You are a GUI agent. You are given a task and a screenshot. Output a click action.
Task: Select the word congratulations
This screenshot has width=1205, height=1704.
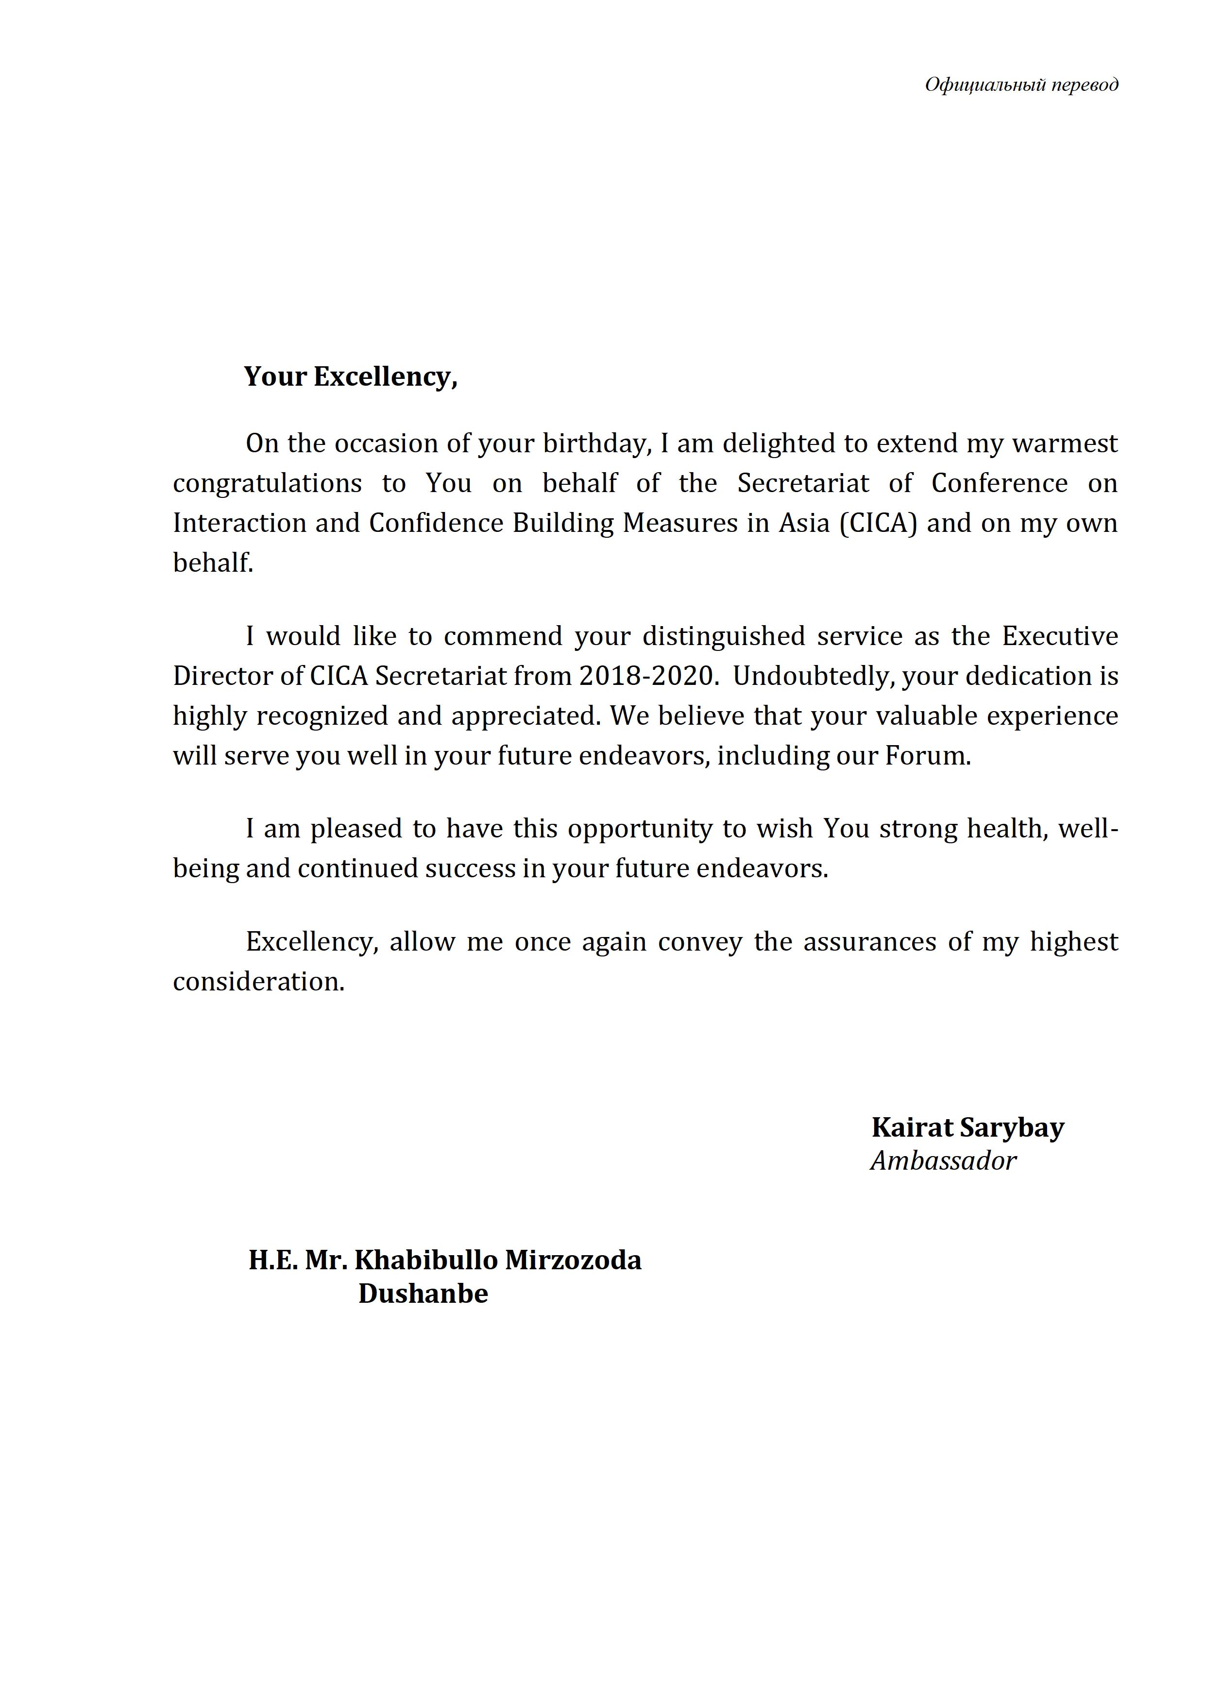click(267, 484)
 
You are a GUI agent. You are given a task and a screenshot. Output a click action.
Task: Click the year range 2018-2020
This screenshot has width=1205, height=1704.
click(646, 676)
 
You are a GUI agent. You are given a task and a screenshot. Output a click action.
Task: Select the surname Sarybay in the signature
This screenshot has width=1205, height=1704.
click(1012, 1127)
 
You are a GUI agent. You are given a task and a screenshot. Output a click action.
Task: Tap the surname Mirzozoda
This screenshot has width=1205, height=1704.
click(574, 1260)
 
